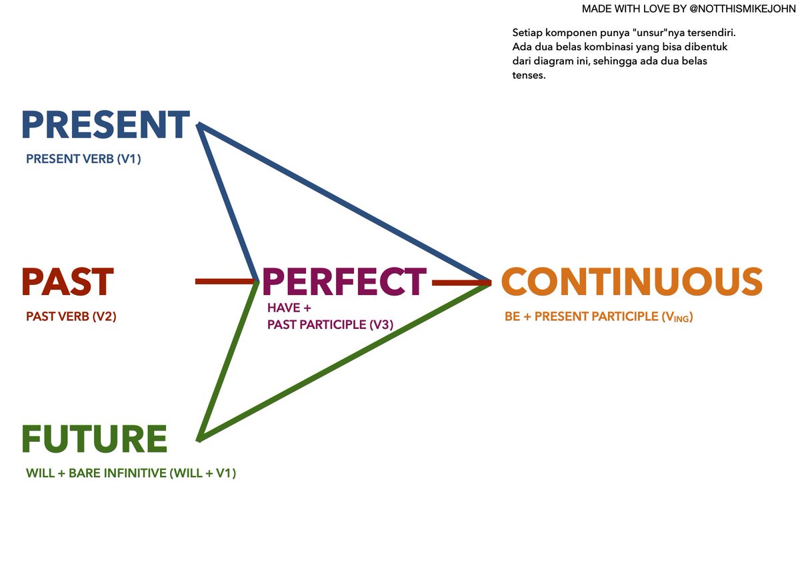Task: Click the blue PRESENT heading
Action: [105, 125]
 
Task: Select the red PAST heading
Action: [67, 282]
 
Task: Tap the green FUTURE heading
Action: [94, 439]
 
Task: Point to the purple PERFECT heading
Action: [344, 282]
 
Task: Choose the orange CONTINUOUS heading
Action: [631, 282]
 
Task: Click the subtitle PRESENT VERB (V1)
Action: [83, 160]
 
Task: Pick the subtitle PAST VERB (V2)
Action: [71, 316]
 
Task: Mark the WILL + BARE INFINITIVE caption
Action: [131, 473]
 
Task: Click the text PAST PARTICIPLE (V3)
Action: [330, 324]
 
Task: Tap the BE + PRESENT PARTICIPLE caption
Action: [599, 317]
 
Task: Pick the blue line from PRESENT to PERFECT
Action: [229, 204]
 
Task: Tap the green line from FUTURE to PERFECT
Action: [229, 360]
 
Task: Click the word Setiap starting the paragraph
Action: [527, 33]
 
